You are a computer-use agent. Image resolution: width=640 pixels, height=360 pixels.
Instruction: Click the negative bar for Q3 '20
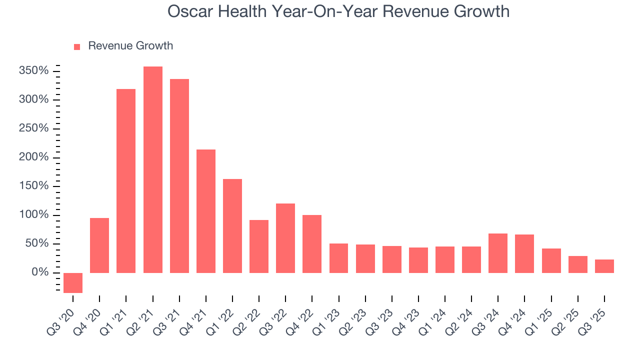(x=73, y=282)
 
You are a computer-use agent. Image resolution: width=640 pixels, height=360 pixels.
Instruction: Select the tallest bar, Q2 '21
(x=152, y=169)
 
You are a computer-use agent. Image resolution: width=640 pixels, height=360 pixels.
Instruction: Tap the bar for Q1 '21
(x=126, y=181)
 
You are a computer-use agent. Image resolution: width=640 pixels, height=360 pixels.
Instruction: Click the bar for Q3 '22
(x=285, y=238)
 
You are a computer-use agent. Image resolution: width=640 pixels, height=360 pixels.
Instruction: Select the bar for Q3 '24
(x=498, y=253)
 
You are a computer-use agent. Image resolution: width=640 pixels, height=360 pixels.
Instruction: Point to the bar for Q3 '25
(x=604, y=266)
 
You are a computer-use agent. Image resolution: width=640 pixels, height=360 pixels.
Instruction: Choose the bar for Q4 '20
(x=99, y=245)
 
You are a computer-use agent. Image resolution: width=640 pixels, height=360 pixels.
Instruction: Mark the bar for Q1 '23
(x=338, y=258)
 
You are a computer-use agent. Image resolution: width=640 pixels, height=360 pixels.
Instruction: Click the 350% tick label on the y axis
(x=34, y=71)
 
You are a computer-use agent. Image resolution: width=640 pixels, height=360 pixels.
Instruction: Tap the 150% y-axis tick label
(x=34, y=186)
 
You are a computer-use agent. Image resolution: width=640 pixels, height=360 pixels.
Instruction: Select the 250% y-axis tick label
(x=34, y=128)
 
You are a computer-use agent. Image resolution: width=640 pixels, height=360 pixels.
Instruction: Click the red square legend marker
(x=77, y=46)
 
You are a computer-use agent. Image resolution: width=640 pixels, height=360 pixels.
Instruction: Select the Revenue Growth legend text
(x=130, y=46)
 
